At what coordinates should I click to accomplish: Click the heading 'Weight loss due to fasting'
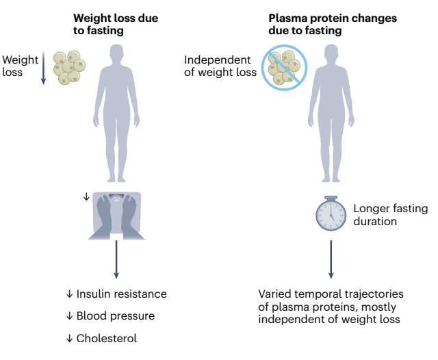(x=116, y=25)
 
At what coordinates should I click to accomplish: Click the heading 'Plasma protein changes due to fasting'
(x=333, y=25)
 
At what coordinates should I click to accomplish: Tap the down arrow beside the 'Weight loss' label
(x=43, y=68)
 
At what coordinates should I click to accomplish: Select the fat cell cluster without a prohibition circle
(x=70, y=67)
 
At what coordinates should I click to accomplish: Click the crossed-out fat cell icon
(x=285, y=68)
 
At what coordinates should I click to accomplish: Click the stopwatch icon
(x=331, y=214)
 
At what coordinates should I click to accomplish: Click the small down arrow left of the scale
(x=86, y=196)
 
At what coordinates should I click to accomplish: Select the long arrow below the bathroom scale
(x=116, y=259)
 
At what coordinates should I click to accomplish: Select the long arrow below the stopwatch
(x=331, y=259)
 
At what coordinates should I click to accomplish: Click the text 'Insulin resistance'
(x=122, y=294)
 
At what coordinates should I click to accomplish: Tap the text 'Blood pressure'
(x=116, y=316)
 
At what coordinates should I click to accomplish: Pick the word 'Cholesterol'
(x=107, y=338)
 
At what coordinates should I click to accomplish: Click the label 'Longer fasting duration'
(x=391, y=215)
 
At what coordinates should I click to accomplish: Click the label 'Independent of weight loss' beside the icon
(x=220, y=66)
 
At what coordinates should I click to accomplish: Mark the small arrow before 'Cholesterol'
(x=69, y=338)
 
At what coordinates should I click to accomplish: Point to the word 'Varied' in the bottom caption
(x=274, y=294)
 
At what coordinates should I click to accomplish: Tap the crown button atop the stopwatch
(x=331, y=198)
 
